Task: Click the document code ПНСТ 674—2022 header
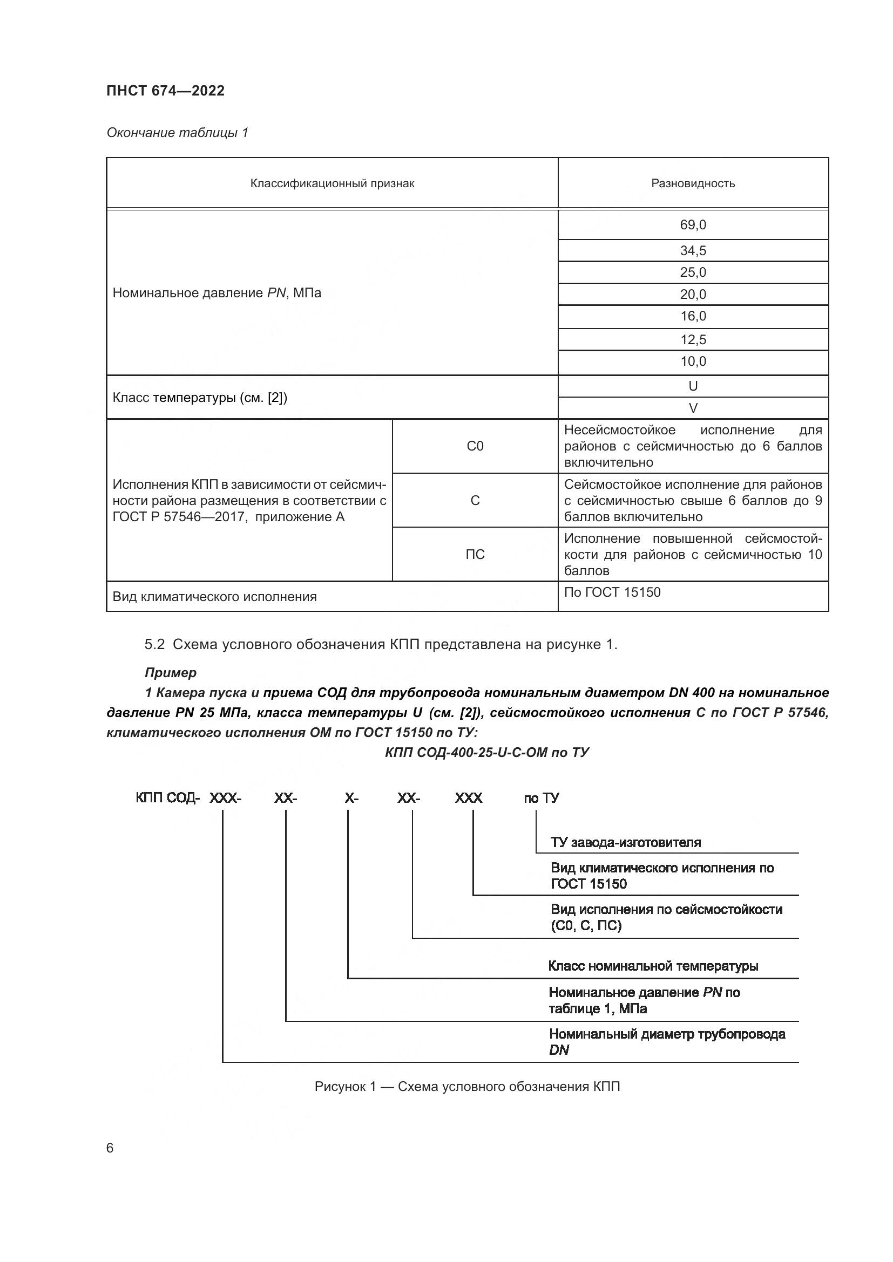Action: (x=166, y=91)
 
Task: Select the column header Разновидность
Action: (x=693, y=183)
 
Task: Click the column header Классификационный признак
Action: (x=332, y=183)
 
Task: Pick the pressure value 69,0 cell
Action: (x=693, y=225)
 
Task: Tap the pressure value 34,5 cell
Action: (x=693, y=251)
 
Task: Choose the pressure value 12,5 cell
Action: (x=693, y=340)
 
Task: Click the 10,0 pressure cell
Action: (x=693, y=361)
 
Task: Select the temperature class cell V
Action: (x=693, y=408)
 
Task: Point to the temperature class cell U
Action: (x=693, y=386)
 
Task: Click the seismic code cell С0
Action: (x=475, y=446)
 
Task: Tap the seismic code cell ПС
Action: (x=475, y=555)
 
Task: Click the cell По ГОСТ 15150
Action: (x=612, y=592)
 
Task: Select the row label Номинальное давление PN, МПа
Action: (x=217, y=293)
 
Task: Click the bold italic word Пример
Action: (x=171, y=673)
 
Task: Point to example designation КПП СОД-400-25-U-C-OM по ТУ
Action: (x=486, y=753)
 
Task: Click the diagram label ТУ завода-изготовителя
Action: (x=626, y=842)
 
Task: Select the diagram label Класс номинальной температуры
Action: (x=653, y=966)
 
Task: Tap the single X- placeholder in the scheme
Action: (x=351, y=798)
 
